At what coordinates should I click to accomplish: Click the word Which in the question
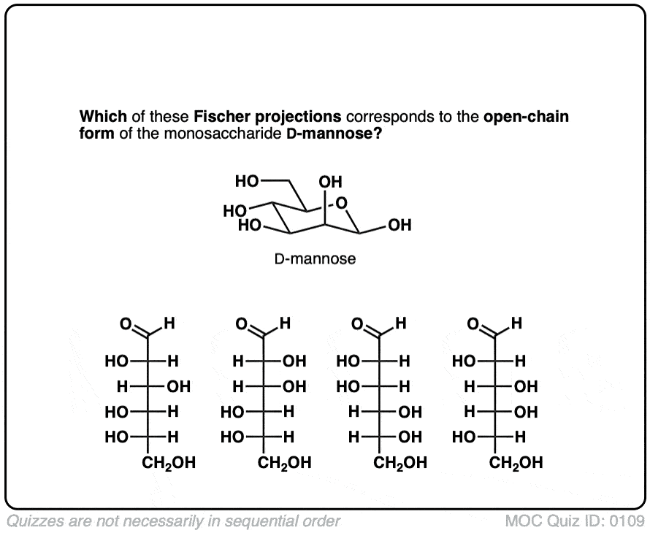101,116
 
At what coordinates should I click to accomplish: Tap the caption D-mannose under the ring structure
316,258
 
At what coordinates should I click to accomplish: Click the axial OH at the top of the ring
330,181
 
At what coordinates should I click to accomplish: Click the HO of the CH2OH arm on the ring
247,180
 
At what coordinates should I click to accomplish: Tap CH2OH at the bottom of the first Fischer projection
169,462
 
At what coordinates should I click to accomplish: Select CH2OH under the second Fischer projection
285,462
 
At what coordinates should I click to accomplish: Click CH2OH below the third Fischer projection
400,462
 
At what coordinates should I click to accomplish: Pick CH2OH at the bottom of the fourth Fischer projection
516,462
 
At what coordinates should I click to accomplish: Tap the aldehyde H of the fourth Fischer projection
517,322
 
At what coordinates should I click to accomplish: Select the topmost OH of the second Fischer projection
294,361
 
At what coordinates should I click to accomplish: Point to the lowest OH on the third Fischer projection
410,438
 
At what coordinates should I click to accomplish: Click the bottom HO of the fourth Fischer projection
464,438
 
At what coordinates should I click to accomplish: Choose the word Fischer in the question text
221,116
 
